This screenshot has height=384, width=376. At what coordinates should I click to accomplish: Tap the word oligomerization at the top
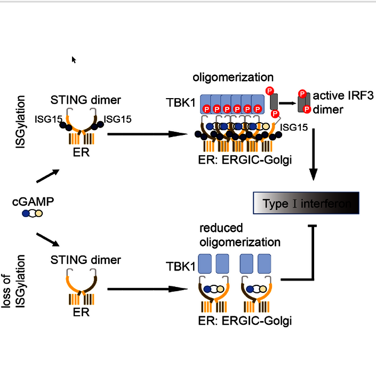(233, 78)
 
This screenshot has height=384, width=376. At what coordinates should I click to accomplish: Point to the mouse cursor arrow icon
(74, 59)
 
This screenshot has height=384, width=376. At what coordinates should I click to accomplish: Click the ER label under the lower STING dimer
(82, 312)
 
